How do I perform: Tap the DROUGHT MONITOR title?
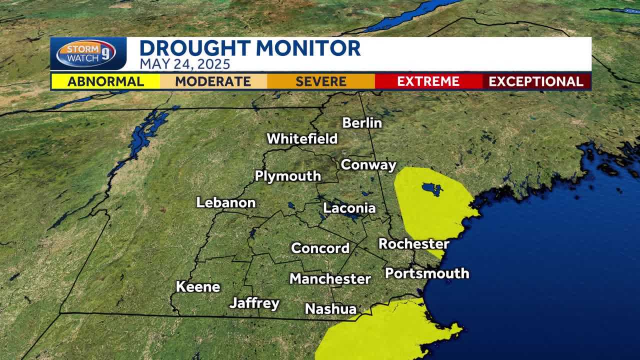point(249,48)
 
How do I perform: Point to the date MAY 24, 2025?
point(184,64)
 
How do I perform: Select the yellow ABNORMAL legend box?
point(105,81)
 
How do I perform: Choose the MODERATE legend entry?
point(213,81)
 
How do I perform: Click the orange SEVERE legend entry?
point(321,81)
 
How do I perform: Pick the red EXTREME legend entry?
point(428,81)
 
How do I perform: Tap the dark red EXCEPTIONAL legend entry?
point(536,81)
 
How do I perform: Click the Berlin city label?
point(362,123)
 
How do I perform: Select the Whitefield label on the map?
point(302,138)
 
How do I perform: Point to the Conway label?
point(368,165)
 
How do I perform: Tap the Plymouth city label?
point(288,176)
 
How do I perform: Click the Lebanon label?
point(226,202)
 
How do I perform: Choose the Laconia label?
point(349,208)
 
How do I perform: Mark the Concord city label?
point(320,248)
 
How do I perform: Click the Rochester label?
point(414,244)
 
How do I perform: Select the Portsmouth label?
point(427,273)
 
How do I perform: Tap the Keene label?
point(198,287)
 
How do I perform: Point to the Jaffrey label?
point(254,303)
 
